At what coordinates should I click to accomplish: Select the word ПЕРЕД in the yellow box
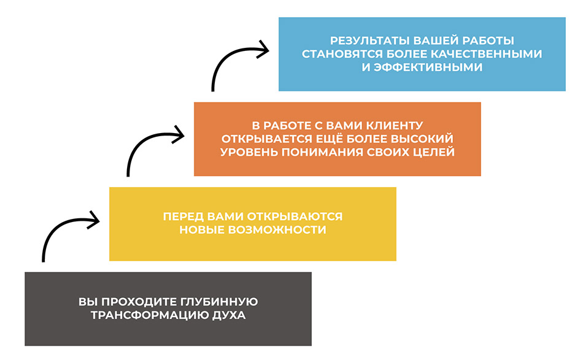pos(182,217)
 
